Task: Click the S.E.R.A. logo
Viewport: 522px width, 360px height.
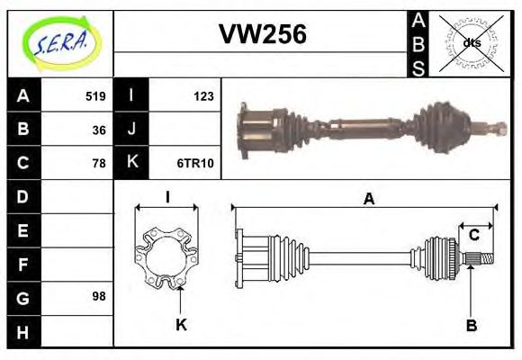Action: point(59,42)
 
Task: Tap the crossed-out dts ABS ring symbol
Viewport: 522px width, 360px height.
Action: point(471,42)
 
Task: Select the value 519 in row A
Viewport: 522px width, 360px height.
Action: point(95,95)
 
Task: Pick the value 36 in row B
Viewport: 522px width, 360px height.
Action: point(98,130)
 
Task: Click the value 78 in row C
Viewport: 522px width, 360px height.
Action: point(98,163)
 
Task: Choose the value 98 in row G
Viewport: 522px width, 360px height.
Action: point(98,296)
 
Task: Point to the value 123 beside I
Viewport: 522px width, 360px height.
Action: point(203,95)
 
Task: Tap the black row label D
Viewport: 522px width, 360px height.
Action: point(22,196)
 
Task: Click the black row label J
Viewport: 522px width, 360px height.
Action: point(131,130)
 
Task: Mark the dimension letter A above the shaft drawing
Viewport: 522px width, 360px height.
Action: point(368,200)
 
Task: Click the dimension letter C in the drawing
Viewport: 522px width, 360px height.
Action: point(473,236)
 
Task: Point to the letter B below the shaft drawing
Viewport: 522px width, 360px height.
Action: point(471,324)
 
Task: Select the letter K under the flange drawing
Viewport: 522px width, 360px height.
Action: point(181,324)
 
